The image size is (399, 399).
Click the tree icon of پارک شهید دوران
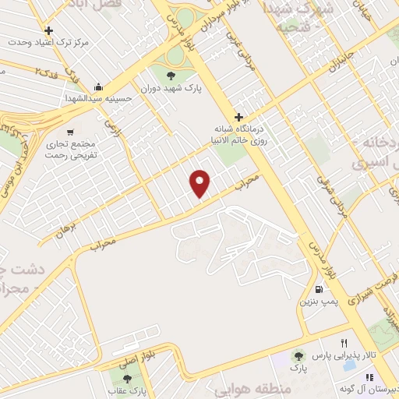tap(171, 75)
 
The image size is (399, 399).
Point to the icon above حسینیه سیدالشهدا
tap(98, 87)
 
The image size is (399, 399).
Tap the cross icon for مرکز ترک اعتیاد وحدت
tap(48, 30)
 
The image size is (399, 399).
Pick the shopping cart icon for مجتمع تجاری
tap(72, 132)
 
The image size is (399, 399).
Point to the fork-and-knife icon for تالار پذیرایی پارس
tap(344, 343)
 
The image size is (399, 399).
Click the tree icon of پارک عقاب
tap(127, 378)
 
